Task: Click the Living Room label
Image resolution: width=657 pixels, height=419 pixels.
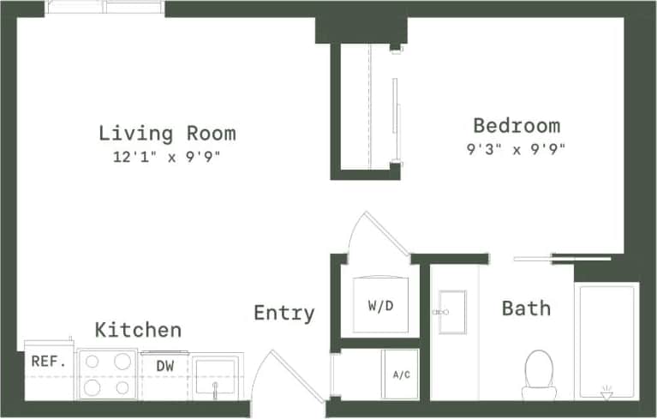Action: click(x=167, y=133)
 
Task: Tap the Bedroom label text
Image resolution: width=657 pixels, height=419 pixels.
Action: click(x=517, y=126)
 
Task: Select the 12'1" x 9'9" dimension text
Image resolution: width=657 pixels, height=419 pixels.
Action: click(x=167, y=157)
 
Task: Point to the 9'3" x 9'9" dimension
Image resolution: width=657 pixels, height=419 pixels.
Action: click(x=517, y=148)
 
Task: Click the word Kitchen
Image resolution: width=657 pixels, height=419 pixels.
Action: click(x=138, y=330)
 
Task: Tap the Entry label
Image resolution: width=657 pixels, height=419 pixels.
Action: click(x=284, y=314)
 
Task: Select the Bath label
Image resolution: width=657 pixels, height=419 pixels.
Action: click(x=526, y=308)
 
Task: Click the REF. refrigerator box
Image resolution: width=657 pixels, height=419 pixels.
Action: click(x=49, y=362)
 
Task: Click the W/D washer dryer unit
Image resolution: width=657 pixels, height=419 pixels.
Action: click(x=380, y=305)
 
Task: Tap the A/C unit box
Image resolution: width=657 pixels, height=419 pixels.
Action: click(x=399, y=374)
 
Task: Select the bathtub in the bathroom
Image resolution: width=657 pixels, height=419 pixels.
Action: click(x=607, y=340)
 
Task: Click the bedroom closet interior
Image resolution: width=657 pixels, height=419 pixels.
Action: click(x=366, y=107)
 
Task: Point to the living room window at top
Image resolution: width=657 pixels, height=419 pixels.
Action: click(x=105, y=8)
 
